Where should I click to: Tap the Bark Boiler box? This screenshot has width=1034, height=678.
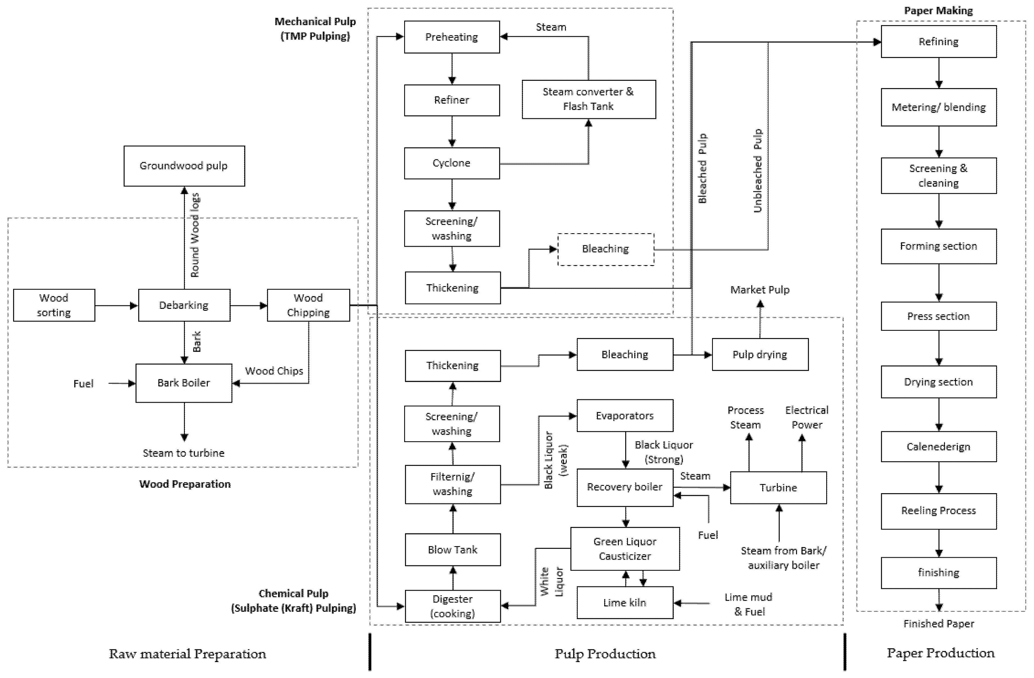click(x=183, y=383)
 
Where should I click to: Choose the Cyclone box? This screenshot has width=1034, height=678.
click(x=452, y=163)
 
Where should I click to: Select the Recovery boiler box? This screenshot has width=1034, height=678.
click(x=624, y=487)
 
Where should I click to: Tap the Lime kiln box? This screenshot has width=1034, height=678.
click(x=624, y=603)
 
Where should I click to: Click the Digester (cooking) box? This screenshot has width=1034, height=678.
click(x=452, y=606)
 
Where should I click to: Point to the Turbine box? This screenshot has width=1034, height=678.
click(x=778, y=487)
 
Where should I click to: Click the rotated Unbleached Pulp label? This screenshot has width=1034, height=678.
click(x=757, y=171)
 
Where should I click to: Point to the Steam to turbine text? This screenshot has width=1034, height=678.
click(x=183, y=453)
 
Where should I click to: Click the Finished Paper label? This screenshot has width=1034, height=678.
click(x=938, y=624)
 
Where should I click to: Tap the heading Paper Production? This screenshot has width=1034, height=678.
click(x=940, y=653)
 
